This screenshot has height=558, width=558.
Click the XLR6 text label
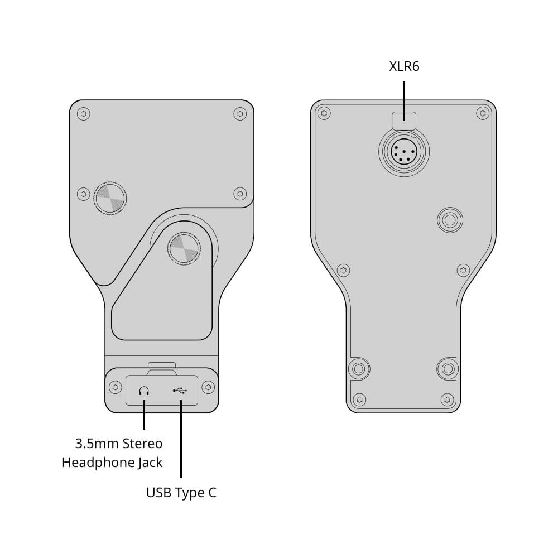pos(404,67)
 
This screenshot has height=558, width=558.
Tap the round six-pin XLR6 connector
pos(403,151)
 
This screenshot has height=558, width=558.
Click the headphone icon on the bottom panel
pos(145,391)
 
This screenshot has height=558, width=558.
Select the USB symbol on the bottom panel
pos(180,391)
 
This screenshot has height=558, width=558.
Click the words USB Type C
pos(181,493)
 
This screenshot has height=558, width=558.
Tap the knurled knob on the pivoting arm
pos(183,248)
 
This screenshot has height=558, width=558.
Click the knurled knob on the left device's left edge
pos(110,198)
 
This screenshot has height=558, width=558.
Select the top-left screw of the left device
pos(84,114)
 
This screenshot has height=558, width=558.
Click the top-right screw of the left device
pos(240,114)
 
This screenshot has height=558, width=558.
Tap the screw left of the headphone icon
pos(116,387)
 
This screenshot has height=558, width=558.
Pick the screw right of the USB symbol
pos(208,387)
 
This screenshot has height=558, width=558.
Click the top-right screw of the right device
pos(482,113)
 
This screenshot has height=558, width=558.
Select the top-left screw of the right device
pos(324,113)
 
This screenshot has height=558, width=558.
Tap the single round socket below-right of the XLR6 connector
pos(450,220)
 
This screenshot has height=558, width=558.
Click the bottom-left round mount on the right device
pos(359,369)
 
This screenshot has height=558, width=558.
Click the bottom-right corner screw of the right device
pos(447,400)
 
